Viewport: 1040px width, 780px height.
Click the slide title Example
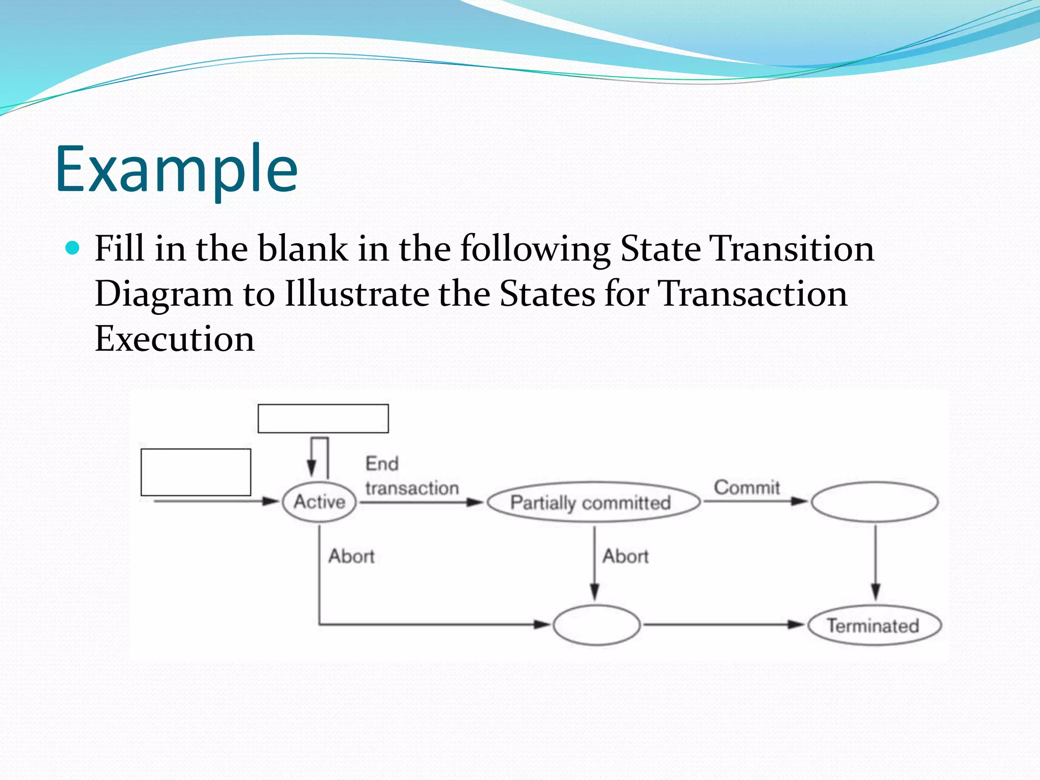pos(176,169)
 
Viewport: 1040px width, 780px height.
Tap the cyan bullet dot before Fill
pos(73,248)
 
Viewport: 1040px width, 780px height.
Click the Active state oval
pos(319,502)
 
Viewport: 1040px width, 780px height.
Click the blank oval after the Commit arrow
pos(874,502)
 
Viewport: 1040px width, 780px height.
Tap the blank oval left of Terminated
pos(597,625)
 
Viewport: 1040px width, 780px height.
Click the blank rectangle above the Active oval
pos(323,418)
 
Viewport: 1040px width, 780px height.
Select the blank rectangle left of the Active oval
pos(196,472)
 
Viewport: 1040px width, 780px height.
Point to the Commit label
pos(746,487)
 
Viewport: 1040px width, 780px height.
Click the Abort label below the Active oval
pos(351,557)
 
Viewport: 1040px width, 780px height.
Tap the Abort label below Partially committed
pos(625,557)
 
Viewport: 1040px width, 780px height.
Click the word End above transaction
pos(382,464)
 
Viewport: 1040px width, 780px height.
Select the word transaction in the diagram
pos(412,489)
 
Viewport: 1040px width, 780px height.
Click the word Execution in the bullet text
pos(174,339)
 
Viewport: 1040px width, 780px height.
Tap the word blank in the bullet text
pos(303,248)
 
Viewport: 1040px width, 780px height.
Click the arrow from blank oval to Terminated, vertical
pos(875,564)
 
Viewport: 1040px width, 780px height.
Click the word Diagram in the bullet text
pos(163,295)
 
